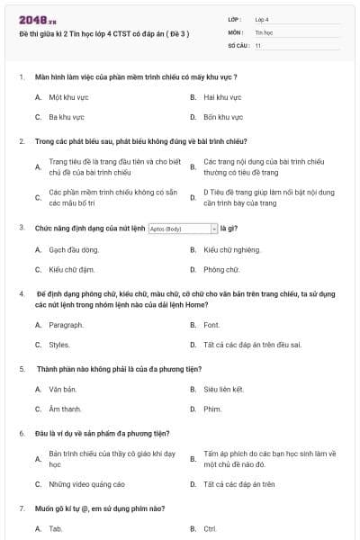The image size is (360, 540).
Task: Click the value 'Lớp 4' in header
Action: (261, 19)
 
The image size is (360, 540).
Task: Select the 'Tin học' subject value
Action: (262, 31)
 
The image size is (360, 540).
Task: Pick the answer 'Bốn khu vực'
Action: (222, 117)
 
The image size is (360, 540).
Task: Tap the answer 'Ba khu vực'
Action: (66, 117)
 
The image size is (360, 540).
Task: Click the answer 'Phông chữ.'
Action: (220, 269)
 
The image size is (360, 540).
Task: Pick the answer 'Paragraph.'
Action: (66, 324)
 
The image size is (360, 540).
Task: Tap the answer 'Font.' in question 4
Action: (211, 324)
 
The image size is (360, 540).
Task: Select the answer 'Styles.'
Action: (59, 344)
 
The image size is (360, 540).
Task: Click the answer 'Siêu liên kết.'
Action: (224, 389)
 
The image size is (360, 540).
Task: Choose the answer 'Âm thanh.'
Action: (65, 409)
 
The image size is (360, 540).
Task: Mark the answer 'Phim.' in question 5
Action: (212, 409)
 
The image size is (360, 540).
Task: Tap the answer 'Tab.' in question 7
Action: (56, 528)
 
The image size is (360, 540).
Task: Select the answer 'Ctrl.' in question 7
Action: (211, 528)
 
